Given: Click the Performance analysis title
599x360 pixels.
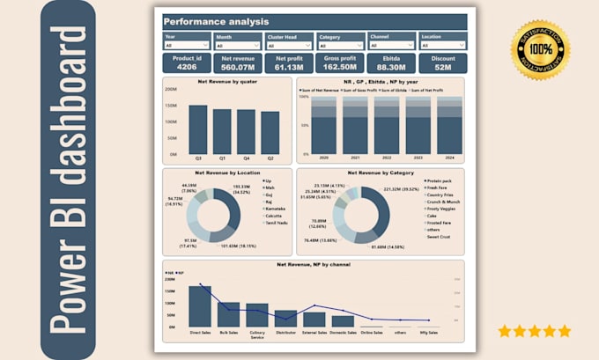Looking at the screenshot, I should pos(217,21).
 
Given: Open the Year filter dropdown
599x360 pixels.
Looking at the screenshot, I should pos(185,46).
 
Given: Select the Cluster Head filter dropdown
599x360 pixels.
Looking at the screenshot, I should pos(289,46).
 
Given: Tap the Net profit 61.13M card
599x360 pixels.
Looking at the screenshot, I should pos(289,62).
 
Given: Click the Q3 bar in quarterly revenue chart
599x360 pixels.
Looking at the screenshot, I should pos(198,129).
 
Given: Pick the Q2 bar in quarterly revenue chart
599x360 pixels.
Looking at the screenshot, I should pos(270,132).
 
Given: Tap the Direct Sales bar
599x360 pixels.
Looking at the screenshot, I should pos(200,306).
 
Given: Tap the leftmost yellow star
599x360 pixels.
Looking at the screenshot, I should pos(504,331).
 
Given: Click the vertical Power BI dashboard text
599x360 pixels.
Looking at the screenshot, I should pos(70,180).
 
